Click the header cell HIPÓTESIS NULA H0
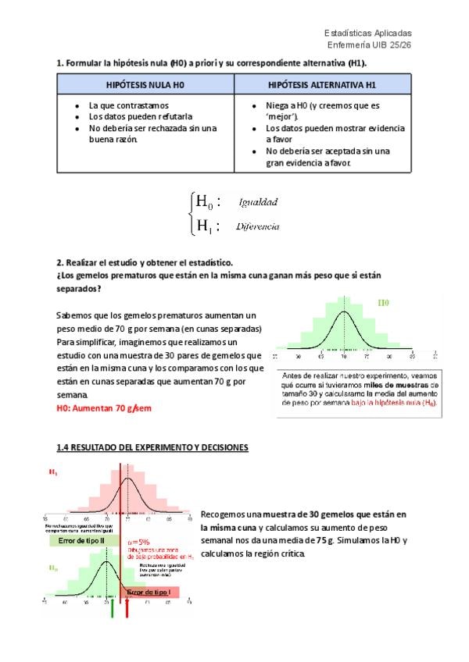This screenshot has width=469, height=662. coord(145,84)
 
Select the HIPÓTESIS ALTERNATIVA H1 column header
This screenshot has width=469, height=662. coord(323,84)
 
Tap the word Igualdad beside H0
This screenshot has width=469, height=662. coord(259,202)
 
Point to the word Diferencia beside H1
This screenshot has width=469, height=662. coord(258,226)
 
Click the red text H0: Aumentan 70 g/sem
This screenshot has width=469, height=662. coord(103,408)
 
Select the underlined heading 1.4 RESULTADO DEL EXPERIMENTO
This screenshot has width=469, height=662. coord(152,447)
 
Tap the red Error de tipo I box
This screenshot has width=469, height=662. coord(152,593)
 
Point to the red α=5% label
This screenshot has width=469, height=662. coord(140,541)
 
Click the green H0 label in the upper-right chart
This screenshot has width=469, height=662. coord(384,301)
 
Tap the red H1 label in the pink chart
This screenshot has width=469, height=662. coord(52,472)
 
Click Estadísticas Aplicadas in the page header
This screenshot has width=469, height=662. coord(367,34)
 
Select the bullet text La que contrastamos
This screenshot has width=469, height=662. coord(129,105)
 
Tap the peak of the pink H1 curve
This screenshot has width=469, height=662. coord(127,479)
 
